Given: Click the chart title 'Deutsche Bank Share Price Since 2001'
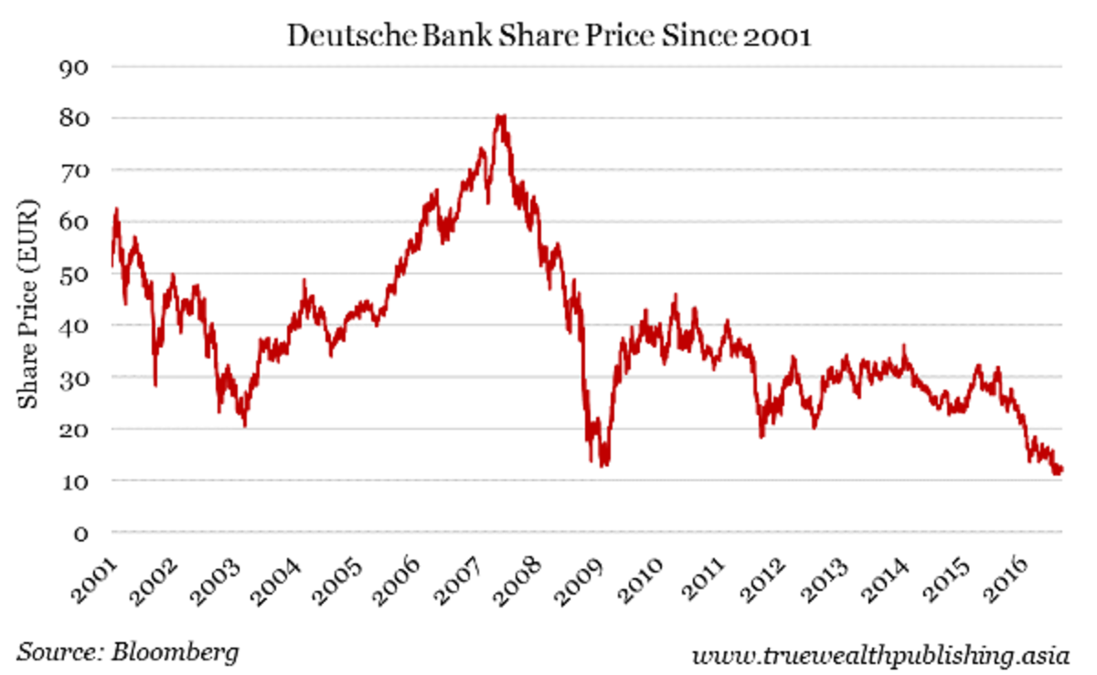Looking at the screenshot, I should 548,36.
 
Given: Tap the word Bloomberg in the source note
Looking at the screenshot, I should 176,652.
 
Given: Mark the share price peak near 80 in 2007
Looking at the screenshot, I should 499,116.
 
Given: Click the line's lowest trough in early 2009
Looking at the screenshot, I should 603,465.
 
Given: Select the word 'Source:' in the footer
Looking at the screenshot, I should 58,652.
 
